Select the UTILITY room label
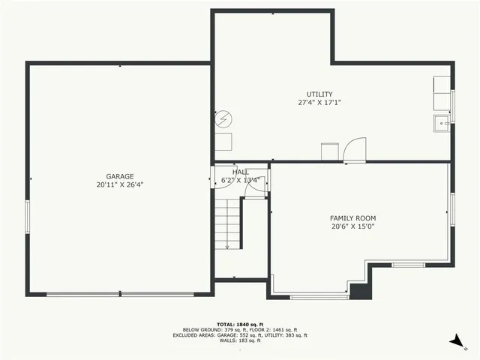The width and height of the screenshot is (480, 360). click(x=319, y=94)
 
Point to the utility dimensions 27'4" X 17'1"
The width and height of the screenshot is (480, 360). click(x=319, y=102)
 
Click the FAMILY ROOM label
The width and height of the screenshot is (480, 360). click(x=352, y=218)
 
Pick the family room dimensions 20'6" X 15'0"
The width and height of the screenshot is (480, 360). click(x=352, y=226)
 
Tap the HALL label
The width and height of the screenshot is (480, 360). click(x=241, y=172)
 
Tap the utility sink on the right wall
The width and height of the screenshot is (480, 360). click(x=441, y=123)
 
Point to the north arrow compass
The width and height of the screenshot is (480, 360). click(x=457, y=341)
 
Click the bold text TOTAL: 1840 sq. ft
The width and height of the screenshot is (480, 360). click(x=240, y=324)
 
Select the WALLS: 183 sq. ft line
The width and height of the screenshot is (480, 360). click(x=240, y=342)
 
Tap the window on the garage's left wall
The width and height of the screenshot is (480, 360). click(x=28, y=217)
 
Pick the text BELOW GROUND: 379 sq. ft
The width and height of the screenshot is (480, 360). click(x=212, y=330)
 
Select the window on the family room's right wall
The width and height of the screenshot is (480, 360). click(x=452, y=208)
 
